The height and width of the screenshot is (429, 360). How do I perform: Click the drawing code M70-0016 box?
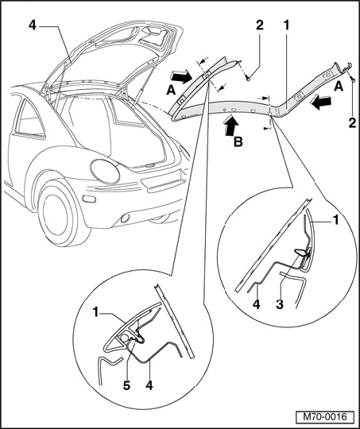tap(325, 417)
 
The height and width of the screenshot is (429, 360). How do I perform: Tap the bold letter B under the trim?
tap(238, 141)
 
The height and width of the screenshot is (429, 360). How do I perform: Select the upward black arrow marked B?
tap(230, 125)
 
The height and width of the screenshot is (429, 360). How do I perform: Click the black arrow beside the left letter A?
tap(181, 76)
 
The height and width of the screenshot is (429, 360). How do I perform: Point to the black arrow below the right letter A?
tap(320, 102)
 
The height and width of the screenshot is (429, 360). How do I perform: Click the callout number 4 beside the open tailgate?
tap(33, 25)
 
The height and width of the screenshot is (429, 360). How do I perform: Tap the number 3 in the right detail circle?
tap(279, 304)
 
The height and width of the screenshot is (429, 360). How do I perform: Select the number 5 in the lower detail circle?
tap(126, 385)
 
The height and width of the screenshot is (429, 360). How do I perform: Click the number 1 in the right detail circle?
tap(335, 220)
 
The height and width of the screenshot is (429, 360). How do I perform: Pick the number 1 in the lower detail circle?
tap(95, 312)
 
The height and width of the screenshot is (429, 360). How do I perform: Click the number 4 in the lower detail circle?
tap(149, 385)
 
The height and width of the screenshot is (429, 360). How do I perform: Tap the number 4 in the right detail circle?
tap(256, 304)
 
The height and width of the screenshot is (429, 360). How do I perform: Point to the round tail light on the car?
tap(105, 172)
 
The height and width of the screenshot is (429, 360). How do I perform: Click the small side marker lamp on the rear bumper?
tap(89, 199)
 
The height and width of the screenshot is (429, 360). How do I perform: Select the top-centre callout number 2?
tap(260, 25)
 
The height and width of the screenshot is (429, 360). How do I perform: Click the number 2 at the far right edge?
tap(352, 122)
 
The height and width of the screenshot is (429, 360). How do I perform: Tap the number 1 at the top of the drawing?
tap(286, 25)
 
